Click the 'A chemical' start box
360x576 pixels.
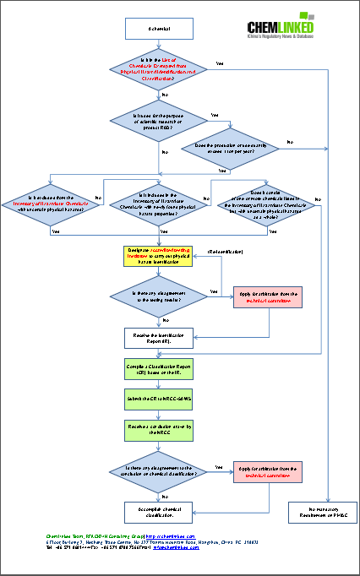[x=160, y=29]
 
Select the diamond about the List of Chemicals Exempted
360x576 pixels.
[x=160, y=70]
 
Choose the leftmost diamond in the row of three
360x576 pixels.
[x=48, y=203]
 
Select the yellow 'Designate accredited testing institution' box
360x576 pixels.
[x=160, y=256]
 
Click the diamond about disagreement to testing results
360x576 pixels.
[x=160, y=295]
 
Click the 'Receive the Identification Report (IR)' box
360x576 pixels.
[x=160, y=337]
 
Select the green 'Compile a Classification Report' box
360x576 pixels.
[x=160, y=370]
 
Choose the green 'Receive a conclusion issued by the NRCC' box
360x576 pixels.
[x=160, y=430]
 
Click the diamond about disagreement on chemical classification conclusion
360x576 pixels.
[x=160, y=471]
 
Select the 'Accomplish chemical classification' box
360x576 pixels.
[x=160, y=512]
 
